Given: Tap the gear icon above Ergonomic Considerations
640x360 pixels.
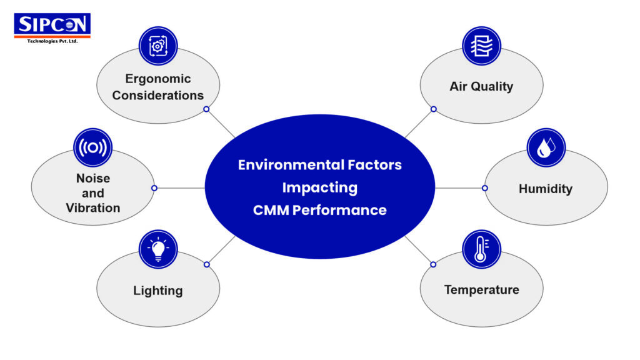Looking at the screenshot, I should pyautogui.click(x=158, y=45).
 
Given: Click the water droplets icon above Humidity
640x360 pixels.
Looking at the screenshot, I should pyautogui.click(x=546, y=147).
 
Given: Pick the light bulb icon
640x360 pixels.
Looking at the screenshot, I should pyautogui.click(x=158, y=249).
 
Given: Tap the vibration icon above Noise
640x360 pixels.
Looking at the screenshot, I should pyautogui.click(x=93, y=147).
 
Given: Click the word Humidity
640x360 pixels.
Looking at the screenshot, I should pyautogui.click(x=545, y=188).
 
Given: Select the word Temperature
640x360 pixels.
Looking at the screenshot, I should pyautogui.click(x=481, y=290).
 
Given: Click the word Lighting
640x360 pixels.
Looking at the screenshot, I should pyautogui.click(x=157, y=291).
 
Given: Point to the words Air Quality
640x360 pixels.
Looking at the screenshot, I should pyautogui.click(x=481, y=86).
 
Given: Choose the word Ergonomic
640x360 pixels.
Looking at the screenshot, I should pyautogui.click(x=158, y=79).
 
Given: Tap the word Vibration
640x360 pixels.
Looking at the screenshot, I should pyautogui.click(x=93, y=208).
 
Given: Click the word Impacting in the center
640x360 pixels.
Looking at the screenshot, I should pyautogui.click(x=319, y=187).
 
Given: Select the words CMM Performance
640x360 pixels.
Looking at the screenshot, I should pyautogui.click(x=319, y=210).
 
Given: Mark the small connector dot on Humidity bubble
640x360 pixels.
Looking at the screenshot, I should pyautogui.click(x=484, y=187).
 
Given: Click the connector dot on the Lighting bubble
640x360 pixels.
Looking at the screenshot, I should pyautogui.click(x=207, y=264).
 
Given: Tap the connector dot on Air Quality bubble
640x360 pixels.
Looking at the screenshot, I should pyautogui.click(x=433, y=109).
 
